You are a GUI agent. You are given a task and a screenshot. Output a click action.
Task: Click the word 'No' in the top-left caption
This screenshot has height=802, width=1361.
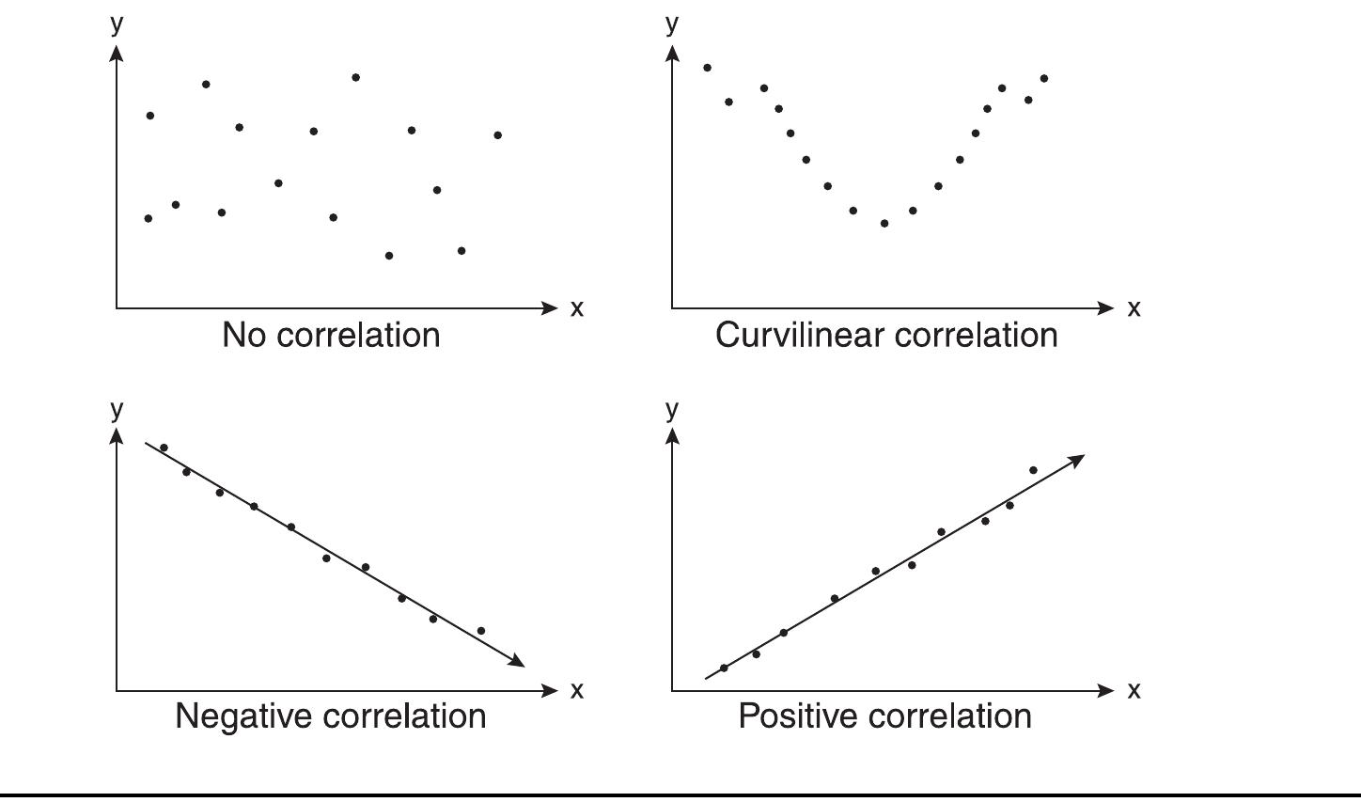point(242,336)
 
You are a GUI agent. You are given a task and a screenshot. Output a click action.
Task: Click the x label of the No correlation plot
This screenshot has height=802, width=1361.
point(577,308)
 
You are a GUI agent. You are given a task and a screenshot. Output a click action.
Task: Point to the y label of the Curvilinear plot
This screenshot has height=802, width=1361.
point(671,22)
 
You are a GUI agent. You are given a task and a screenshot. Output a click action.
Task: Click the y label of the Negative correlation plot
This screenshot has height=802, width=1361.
point(117,408)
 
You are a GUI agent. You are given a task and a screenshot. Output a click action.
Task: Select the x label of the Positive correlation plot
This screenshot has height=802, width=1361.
point(1134,690)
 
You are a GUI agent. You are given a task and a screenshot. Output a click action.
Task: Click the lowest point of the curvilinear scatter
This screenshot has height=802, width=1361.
point(884,224)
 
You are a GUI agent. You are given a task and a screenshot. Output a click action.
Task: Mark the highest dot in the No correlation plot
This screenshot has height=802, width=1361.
point(356,77)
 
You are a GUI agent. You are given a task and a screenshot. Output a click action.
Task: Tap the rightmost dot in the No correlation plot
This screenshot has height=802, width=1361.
point(498,135)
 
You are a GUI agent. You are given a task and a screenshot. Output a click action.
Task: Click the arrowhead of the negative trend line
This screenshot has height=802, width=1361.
point(517,661)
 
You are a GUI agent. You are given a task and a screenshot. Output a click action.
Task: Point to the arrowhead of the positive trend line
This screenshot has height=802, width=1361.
point(1077,460)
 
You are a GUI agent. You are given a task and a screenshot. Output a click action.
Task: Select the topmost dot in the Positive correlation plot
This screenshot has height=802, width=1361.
point(1033,470)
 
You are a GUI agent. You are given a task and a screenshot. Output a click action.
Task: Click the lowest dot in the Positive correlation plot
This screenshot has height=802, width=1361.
point(724,668)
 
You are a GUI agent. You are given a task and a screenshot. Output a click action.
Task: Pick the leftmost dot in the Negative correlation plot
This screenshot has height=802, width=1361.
point(164,448)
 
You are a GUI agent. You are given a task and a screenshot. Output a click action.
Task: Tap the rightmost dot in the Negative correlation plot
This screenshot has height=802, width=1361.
point(481,631)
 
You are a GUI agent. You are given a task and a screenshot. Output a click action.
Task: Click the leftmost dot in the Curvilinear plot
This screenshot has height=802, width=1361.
point(708,68)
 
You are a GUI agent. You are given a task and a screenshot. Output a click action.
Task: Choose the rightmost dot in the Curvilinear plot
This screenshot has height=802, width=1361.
point(1044,79)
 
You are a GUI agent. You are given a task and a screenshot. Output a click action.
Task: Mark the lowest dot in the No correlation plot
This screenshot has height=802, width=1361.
point(389,256)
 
